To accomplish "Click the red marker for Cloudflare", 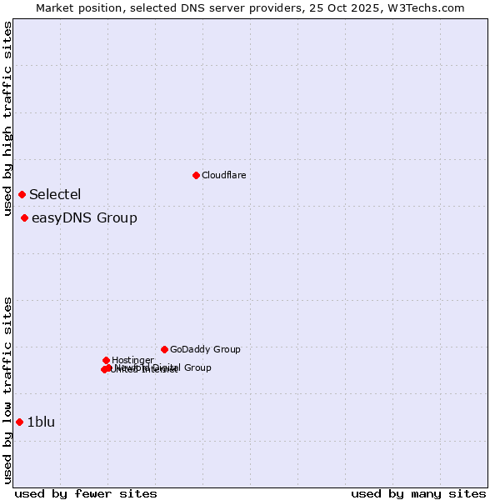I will tap(196, 175).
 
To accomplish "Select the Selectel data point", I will tap(22, 194).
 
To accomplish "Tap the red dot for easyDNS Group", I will tap(25, 218).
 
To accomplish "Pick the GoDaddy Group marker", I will tap(164, 349).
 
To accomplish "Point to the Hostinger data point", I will tap(106, 360).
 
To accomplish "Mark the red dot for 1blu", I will tap(19, 422).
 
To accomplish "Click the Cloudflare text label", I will tap(223, 175).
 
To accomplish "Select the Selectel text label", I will tap(55, 195).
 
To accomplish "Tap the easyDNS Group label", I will tap(84, 218).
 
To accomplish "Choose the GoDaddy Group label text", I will tap(205, 350).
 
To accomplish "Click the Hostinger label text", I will tap(132, 360).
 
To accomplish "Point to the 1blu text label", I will tap(41, 422).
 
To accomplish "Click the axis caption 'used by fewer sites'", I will tap(86, 494).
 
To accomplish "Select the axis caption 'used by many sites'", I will tap(418, 494).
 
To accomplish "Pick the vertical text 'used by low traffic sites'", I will tap(8, 390).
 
